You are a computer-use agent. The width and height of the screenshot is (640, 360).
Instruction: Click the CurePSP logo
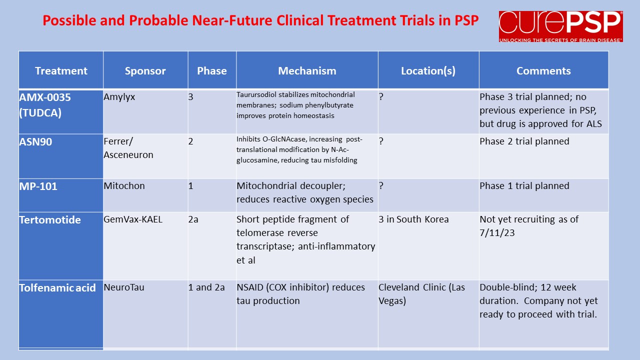(561, 26)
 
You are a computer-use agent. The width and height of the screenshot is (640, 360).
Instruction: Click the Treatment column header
(61, 71)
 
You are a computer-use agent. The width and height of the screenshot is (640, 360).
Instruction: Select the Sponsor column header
(145, 71)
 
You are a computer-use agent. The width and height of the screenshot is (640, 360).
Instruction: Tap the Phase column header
(211, 71)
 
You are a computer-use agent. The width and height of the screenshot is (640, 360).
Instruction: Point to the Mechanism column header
(307, 71)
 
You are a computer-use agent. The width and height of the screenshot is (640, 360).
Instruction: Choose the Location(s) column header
(428, 71)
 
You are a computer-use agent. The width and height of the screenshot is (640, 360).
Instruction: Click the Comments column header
(543, 71)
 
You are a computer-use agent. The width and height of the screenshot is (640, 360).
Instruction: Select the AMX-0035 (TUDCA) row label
(45, 105)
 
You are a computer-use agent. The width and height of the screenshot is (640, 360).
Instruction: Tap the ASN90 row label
(35, 141)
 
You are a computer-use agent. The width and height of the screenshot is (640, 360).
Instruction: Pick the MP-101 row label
(38, 186)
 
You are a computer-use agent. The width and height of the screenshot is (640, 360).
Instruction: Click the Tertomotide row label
(50, 219)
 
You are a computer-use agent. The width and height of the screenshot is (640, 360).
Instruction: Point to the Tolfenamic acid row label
(57, 287)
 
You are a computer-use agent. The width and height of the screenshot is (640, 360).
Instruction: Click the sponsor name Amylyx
(119, 97)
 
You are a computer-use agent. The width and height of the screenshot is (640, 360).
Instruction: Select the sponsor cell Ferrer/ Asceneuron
(128, 148)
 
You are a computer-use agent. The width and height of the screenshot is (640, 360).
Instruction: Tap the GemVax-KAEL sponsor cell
(133, 219)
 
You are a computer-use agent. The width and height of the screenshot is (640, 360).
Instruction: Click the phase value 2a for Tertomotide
(193, 219)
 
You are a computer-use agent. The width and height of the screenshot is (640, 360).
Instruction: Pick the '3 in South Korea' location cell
(413, 219)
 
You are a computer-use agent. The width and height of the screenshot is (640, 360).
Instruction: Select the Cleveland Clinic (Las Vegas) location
(421, 294)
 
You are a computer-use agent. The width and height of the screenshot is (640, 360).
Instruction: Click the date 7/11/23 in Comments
(497, 233)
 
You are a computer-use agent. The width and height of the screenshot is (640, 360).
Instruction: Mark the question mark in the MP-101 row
(381, 185)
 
